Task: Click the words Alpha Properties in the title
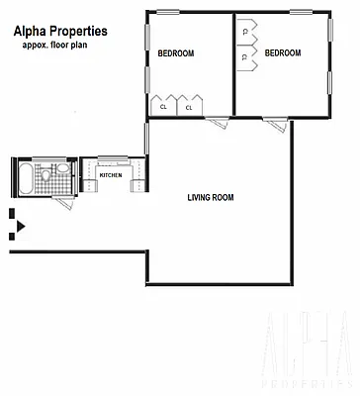tap(60, 31)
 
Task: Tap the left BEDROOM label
tap(176, 52)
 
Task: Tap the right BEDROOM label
tap(283, 52)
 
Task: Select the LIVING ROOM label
tap(211, 197)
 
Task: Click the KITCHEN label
tap(112, 176)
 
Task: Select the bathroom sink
tap(62, 169)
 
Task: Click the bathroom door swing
tap(65, 198)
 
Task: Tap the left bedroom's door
tap(220, 122)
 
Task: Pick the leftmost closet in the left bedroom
tap(162, 104)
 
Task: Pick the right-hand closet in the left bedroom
tap(189, 104)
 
